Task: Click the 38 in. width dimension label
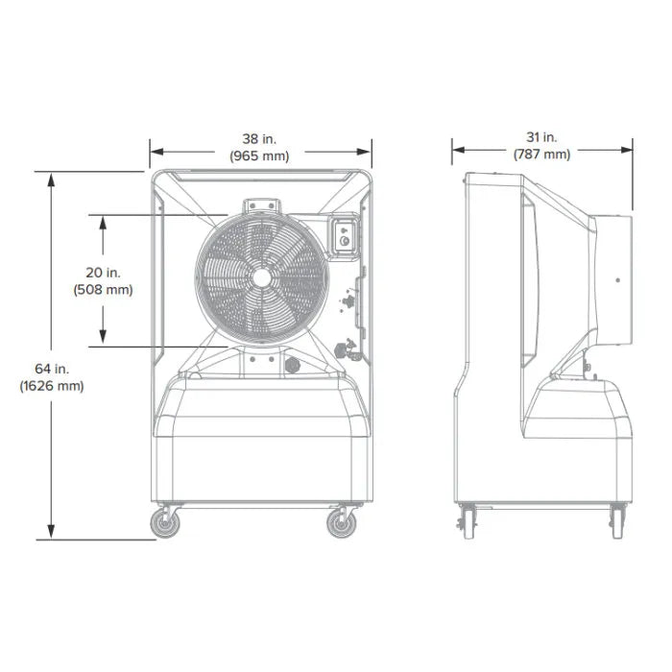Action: click(259, 139)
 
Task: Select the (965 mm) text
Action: click(259, 156)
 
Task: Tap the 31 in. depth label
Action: click(541, 137)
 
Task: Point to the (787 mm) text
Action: click(541, 154)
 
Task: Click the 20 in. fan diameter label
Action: click(104, 273)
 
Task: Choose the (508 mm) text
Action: click(104, 290)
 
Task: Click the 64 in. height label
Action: click(52, 369)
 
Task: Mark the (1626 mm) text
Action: click(52, 386)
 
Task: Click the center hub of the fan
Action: click(262, 278)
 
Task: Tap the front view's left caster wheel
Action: click(165, 523)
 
